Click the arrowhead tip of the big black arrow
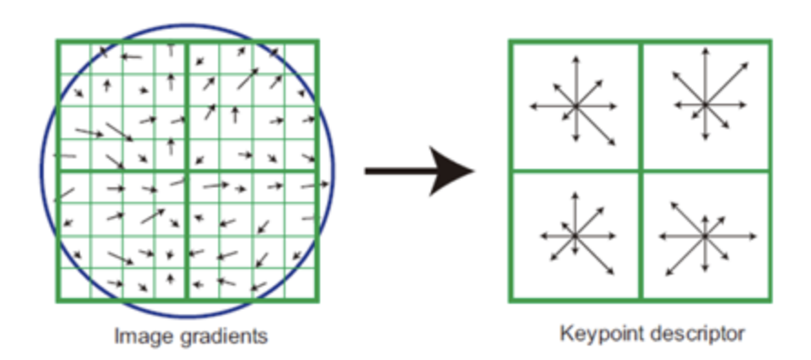coord(474,170)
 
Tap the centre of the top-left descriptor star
coord(575,106)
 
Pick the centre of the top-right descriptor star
coord(705,105)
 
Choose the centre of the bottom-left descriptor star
coord(575,235)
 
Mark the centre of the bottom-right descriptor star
coord(705,235)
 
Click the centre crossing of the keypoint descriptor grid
coord(640,170)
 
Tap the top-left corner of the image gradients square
coord(56,41)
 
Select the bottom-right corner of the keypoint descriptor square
coord(770,300)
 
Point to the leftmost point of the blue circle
coord(39,170)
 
